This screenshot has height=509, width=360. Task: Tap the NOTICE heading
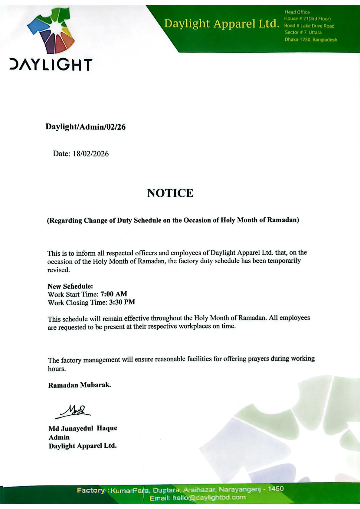coord(170,193)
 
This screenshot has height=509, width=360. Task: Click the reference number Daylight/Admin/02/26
coord(86,127)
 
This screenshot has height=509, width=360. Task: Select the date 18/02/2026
coord(90,154)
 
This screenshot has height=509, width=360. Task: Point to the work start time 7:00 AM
coord(114,294)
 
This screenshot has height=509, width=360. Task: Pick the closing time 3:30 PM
coord(122,302)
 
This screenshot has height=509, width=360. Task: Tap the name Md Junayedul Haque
coord(83,428)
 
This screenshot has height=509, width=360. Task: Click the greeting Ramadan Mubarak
coord(80,385)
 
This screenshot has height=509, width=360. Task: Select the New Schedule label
coord(70,286)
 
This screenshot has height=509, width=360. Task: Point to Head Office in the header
coord(297,12)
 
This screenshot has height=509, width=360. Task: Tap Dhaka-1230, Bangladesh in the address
coord(311,40)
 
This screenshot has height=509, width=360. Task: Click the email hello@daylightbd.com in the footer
coord(209,498)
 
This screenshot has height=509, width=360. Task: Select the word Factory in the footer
coord(91,490)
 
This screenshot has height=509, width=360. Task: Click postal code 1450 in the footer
coord(276,489)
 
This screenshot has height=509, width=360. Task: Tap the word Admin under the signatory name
coord(59,437)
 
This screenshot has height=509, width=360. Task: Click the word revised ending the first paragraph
coord(58,270)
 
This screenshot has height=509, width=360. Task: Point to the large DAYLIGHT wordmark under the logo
coord(51,65)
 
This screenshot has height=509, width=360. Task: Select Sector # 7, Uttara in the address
coord(303,32)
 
